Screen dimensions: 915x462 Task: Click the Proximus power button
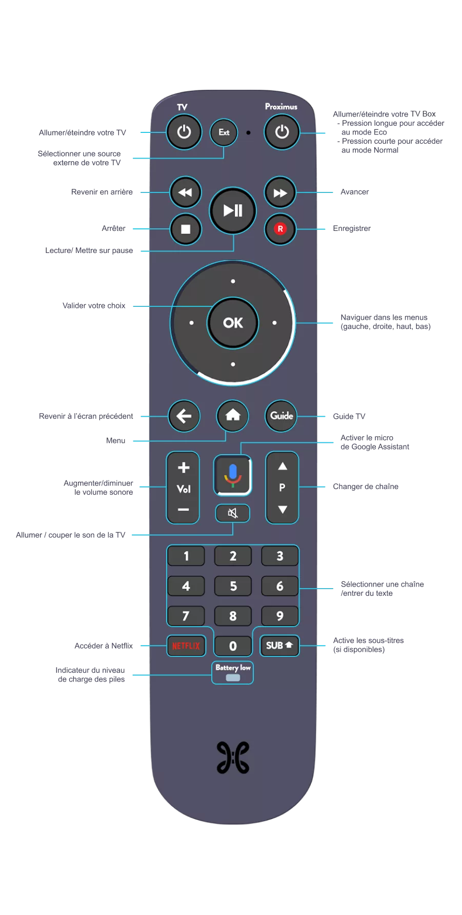tap(282, 132)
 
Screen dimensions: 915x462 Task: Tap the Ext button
tap(224, 132)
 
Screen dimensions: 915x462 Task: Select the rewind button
tap(185, 192)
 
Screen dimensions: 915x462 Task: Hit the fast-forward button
tap(280, 193)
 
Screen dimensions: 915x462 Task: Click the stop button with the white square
tap(186, 229)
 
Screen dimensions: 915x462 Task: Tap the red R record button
tap(280, 229)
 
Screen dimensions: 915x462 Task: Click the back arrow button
tap(184, 416)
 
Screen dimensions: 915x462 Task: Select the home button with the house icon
tap(233, 415)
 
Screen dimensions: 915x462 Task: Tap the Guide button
tap(282, 416)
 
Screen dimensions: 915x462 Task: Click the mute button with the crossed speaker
tap(233, 513)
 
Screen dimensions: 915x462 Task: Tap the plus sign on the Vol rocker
tap(183, 468)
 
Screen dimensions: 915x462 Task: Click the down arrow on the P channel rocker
tap(282, 509)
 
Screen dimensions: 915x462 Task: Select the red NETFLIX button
tap(186, 646)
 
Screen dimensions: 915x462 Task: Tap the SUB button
tap(279, 645)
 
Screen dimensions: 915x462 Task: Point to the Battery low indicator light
tap(233, 677)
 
